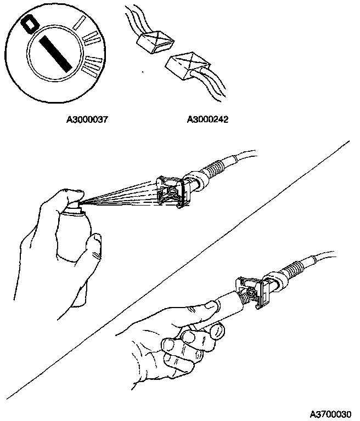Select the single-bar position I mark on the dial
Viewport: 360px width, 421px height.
point(81,22)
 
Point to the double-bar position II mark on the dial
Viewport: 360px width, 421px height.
point(91,38)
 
